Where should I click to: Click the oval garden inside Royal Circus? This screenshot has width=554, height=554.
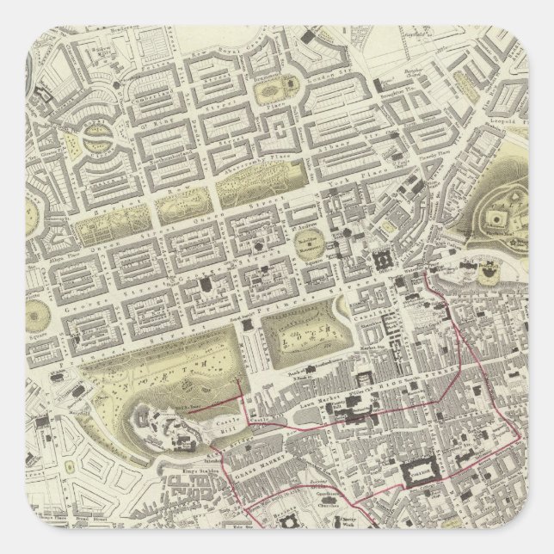click(97, 138)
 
